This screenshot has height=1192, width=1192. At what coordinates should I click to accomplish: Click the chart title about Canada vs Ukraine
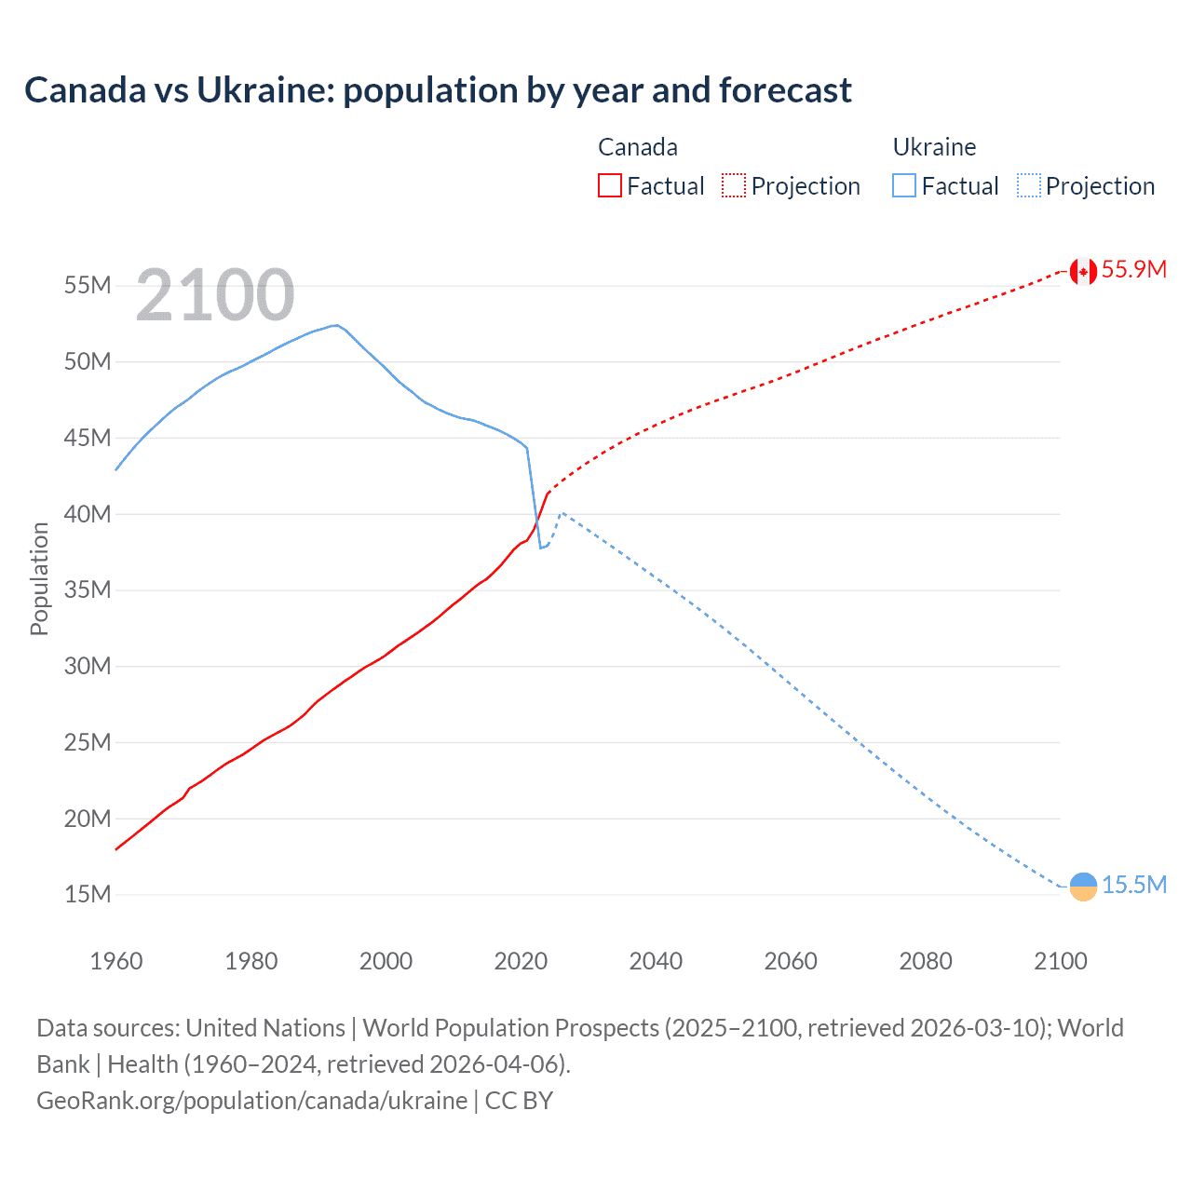click(x=438, y=90)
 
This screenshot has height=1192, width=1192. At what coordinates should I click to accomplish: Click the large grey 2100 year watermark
click(x=215, y=295)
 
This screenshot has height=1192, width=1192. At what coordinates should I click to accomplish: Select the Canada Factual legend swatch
click(x=609, y=185)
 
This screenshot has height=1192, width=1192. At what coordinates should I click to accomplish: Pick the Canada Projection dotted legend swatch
click(x=734, y=185)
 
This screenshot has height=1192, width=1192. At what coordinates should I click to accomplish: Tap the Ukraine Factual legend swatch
click(x=903, y=185)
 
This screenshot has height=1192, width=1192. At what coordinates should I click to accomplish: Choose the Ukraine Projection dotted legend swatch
click(x=1028, y=185)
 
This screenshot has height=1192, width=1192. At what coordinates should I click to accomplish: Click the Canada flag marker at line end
click(x=1083, y=271)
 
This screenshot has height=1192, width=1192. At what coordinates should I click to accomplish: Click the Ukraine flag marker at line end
click(x=1083, y=887)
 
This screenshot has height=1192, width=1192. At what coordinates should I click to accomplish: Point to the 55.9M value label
click(x=1133, y=269)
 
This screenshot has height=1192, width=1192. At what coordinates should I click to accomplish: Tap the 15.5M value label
click(x=1133, y=885)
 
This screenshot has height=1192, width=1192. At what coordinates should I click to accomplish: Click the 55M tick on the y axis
click(x=88, y=285)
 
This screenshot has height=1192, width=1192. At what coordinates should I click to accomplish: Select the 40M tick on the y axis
click(x=88, y=514)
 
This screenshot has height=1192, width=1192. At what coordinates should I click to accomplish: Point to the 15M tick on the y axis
click(x=88, y=895)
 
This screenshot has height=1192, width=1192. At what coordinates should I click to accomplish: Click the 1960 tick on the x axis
click(x=116, y=961)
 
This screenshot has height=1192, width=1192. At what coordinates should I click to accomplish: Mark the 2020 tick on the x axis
click(x=521, y=961)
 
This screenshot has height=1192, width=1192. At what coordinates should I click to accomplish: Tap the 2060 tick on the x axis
click(x=791, y=961)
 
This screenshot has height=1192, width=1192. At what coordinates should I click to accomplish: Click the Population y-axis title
click(x=39, y=578)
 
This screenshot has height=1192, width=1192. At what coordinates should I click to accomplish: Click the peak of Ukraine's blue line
click(x=336, y=325)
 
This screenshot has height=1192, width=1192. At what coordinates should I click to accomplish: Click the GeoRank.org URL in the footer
click(x=251, y=1101)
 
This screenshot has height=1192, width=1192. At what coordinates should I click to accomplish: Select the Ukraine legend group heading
click(x=934, y=147)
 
